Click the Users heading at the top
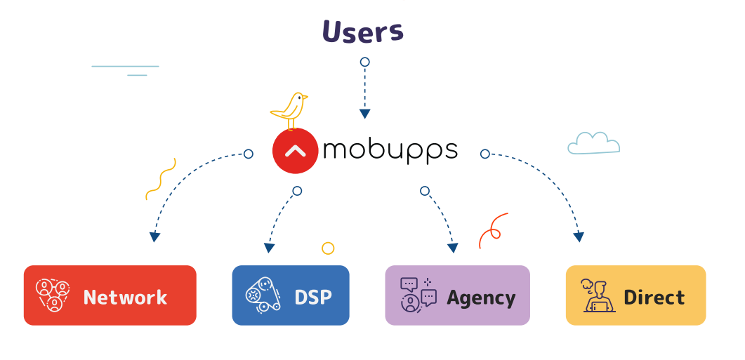(x=363, y=32)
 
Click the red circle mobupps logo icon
(x=295, y=151)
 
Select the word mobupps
(x=390, y=150)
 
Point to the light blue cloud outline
(x=594, y=143)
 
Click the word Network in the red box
(x=125, y=298)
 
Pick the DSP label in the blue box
(x=313, y=298)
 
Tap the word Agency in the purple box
(x=481, y=298)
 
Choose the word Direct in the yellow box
(x=654, y=298)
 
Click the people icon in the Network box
(x=53, y=295)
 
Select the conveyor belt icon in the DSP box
(x=263, y=295)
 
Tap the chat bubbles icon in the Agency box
(x=418, y=295)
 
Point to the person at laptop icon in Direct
(x=598, y=295)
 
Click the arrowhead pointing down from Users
(x=364, y=114)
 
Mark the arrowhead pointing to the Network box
(x=154, y=236)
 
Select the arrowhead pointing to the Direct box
(x=578, y=236)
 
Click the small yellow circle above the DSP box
(x=328, y=248)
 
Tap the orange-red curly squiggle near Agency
(x=491, y=231)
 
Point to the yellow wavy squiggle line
(x=161, y=179)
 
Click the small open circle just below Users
(x=364, y=62)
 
